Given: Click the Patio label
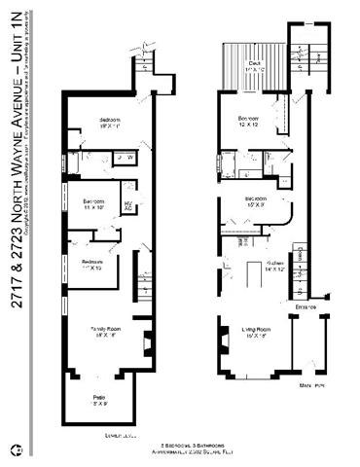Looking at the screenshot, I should coord(98,400).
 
